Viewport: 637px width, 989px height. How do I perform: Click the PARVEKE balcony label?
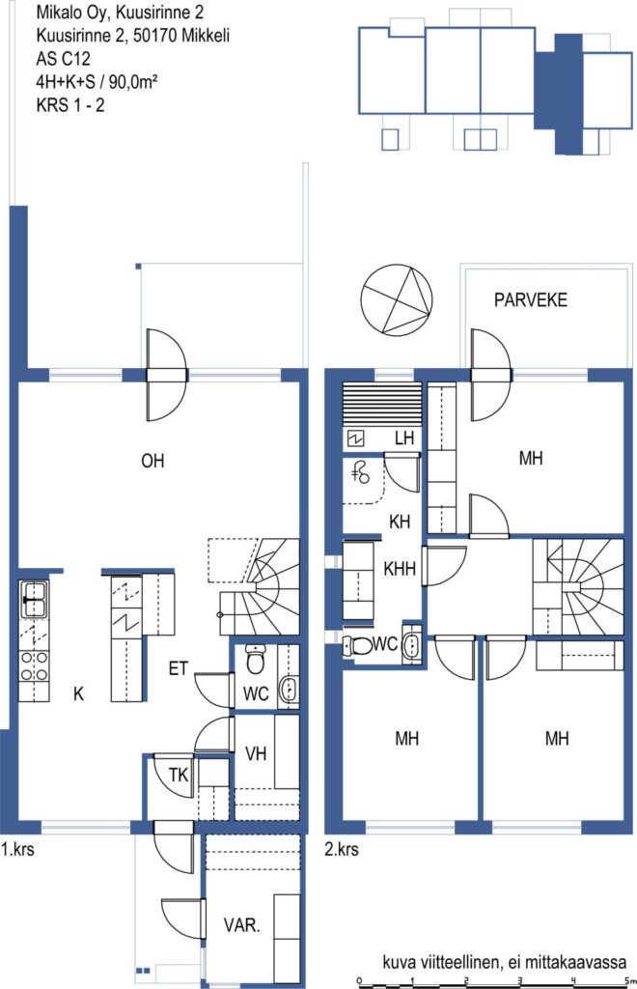click(x=531, y=299)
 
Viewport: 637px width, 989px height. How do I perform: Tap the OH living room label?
click(x=152, y=461)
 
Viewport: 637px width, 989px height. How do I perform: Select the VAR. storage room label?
click(x=241, y=925)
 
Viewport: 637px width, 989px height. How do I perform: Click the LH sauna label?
click(x=404, y=438)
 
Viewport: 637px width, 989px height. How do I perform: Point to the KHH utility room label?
click(x=400, y=568)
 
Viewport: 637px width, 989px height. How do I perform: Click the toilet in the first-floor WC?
click(x=255, y=659)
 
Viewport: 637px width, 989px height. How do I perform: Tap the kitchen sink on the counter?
click(x=33, y=599)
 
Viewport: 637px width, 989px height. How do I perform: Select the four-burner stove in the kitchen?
click(x=34, y=666)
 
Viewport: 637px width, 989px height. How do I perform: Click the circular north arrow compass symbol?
click(x=397, y=299)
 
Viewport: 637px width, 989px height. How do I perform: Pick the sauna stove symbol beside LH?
click(x=355, y=438)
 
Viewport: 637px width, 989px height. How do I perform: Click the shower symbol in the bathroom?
click(x=362, y=473)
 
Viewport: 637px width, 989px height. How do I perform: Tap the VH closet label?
click(x=256, y=753)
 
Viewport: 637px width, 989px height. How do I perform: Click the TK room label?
click(x=179, y=774)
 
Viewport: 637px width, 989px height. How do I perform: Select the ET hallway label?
click(x=179, y=668)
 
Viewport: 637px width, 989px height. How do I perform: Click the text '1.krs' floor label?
click(x=17, y=850)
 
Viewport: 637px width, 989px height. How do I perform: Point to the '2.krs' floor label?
click(x=342, y=850)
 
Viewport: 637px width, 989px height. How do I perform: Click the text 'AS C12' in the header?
click(x=63, y=59)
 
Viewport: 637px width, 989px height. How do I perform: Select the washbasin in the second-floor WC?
click(x=411, y=644)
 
